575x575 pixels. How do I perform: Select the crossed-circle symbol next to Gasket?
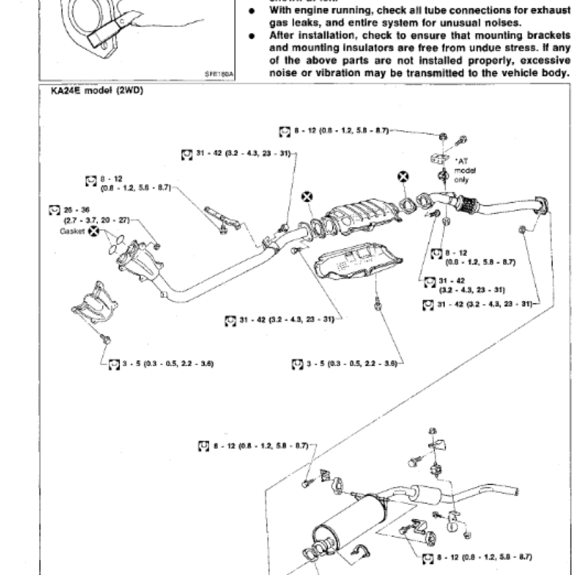point(93,234)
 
